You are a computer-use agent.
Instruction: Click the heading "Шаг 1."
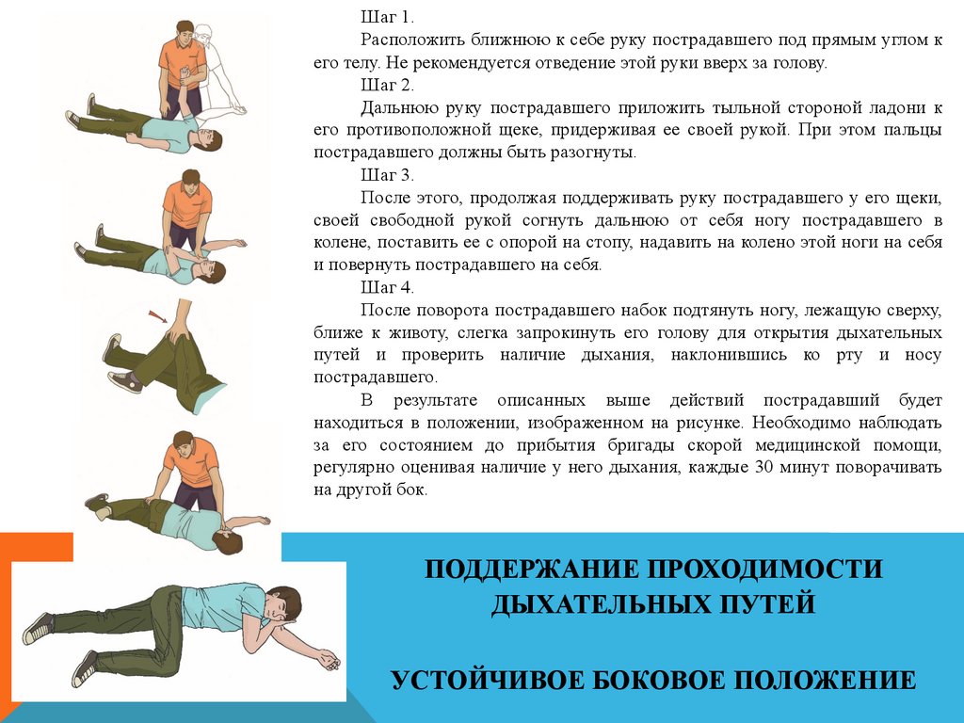(x=387, y=17)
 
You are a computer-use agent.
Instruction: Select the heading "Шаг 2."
(x=387, y=84)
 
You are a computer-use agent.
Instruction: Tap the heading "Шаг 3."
(x=387, y=175)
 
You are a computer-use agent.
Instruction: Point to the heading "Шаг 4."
(x=387, y=287)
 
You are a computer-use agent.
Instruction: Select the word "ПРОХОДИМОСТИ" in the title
(x=764, y=569)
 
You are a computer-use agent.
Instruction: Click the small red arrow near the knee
(x=157, y=316)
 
